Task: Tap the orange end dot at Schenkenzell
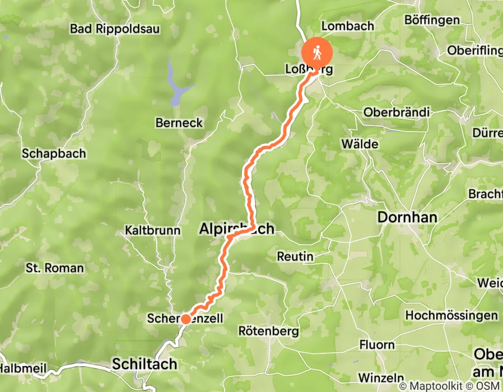tap(185, 319)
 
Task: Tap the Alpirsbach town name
tap(237, 228)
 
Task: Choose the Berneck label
tap(179, 123)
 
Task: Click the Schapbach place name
tap(54, 153)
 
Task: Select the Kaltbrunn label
tap(153, 230)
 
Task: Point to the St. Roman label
tap(54, 268)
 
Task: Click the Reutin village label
tap(295, 256)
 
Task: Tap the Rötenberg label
tap(268, 332)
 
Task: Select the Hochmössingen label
tap(451, 315)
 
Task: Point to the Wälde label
tap(360, 144)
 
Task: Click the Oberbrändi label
tap(396, 112)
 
